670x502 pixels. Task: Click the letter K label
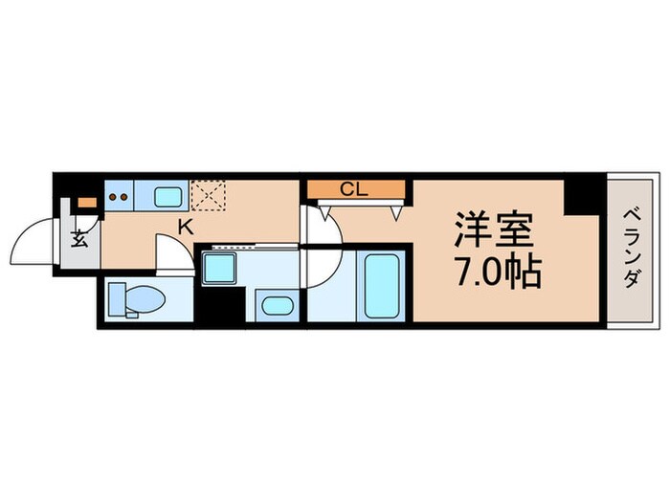(184, 228)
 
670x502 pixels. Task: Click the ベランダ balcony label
(632, 249)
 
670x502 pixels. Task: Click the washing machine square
(220, 268)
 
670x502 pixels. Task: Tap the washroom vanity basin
(276, 306)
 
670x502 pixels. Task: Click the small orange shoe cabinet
(87, 202)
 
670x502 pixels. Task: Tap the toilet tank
(114, 300)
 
